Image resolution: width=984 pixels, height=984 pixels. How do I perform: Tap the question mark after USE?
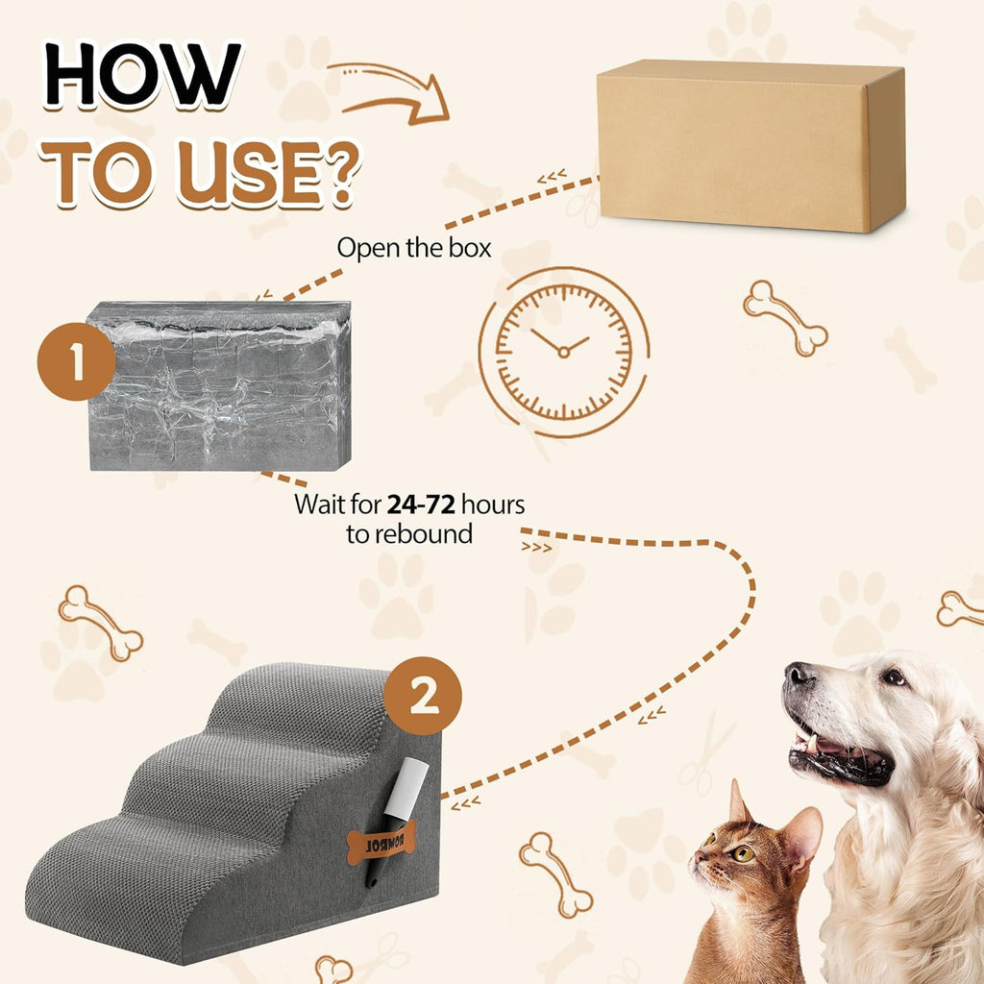(x=338, y=172)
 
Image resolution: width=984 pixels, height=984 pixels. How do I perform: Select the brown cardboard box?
(x=750, y=146)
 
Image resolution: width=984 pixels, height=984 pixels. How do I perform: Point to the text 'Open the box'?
(x=413, y=248)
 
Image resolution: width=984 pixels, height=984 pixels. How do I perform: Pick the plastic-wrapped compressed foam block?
(x=220, y=385)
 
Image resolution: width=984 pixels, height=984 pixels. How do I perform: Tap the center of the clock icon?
(x=564, y=353)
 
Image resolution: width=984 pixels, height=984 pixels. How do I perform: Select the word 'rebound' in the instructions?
(x=422, y=534)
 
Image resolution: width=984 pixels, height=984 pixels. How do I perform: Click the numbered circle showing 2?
(x=423, y=696)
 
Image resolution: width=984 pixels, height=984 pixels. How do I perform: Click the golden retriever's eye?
(x=894, y=677)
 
